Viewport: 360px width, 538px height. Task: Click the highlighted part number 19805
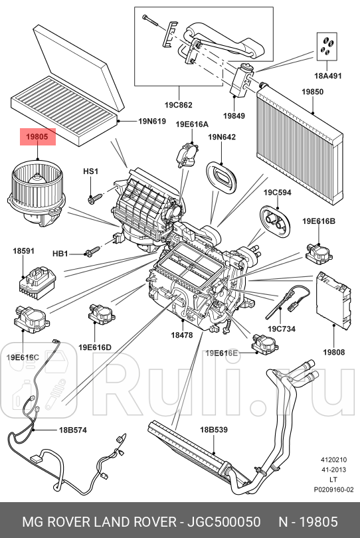tap(37, 137)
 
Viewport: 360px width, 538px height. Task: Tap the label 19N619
tap(152, 122)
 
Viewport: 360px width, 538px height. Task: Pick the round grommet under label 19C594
tap(272, 218)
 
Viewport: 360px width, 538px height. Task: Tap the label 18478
tap(181, 335)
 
